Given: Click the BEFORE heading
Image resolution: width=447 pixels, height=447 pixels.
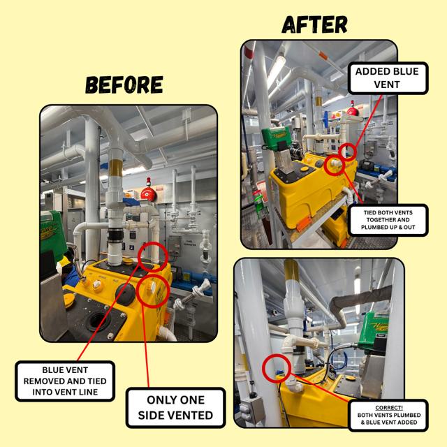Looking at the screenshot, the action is point(124,85).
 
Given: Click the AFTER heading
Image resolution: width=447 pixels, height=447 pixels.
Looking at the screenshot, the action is point(314,24).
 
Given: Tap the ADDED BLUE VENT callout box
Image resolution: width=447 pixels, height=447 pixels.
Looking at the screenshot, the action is point(388,78).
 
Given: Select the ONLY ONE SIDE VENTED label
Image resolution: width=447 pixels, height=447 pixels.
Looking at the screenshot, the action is point(175,408).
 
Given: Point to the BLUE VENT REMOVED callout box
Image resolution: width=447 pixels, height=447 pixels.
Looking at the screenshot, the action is point(65,381).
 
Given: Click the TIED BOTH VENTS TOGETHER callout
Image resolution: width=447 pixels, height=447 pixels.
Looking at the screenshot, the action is point(388,220).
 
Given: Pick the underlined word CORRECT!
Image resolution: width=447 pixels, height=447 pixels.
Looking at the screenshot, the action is point(389,408).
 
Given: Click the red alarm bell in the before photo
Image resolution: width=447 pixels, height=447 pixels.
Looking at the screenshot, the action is point(149,192).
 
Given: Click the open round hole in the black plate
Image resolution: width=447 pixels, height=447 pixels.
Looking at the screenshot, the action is point(98,321).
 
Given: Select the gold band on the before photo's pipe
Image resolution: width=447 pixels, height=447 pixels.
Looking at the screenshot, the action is point(116,168).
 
